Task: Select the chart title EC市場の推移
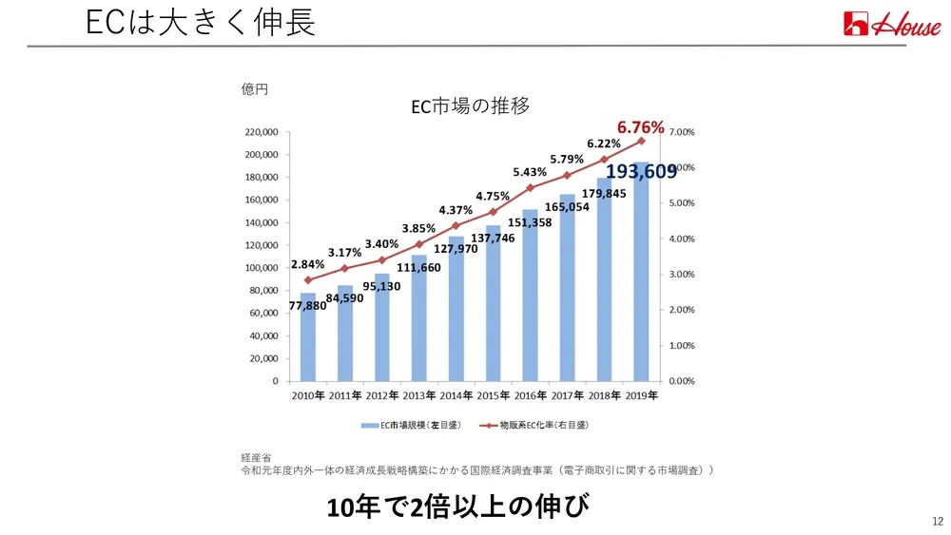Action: click(470, 106)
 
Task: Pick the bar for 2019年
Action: click(641, 276)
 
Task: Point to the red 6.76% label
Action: click(641, 126)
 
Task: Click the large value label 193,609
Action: click(642, 171)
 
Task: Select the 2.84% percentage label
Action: click(308, 263)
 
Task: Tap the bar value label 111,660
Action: click(418, 267)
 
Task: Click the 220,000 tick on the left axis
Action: click(261, 132)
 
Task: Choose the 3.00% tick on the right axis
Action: click(683, 274)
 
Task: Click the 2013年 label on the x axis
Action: click(418, 394)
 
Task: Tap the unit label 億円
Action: click(255, 89)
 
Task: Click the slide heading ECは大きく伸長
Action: click(200, 23)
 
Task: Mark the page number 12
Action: click(938, 521)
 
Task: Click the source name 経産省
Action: click(256, 458)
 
